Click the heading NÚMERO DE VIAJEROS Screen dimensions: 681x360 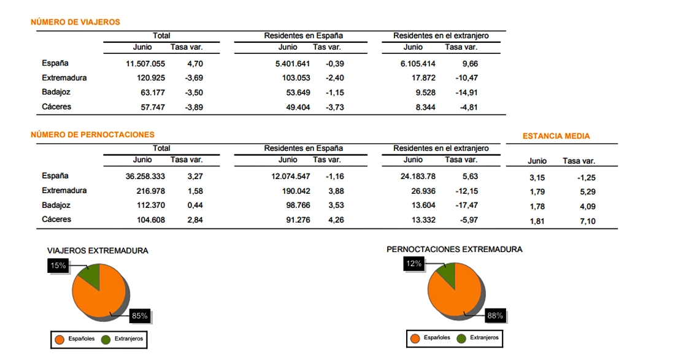(75, 22)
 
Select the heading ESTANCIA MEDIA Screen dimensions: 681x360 (556, 136)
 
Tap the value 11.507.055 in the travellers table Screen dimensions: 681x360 (145, 64)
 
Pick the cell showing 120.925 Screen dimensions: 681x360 (151, 78)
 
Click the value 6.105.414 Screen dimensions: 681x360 (418, 64)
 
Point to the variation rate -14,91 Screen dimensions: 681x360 (466, 93)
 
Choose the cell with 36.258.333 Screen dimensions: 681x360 (145, 176)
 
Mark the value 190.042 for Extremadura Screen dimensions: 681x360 (296, 191)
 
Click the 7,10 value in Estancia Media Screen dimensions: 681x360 (588, 221)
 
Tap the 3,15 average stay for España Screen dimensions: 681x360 (537, 178)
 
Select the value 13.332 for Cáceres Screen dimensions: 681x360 (423, 220)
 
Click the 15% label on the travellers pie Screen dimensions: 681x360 (58, 266)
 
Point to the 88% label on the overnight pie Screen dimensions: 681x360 (495, 316)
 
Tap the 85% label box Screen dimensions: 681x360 (140, 316)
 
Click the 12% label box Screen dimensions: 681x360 (414, 264)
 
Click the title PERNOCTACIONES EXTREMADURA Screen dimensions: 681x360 (454, 250)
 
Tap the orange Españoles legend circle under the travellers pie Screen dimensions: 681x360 (60, 340)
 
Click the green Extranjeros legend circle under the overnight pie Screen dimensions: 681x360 (461, 339)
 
